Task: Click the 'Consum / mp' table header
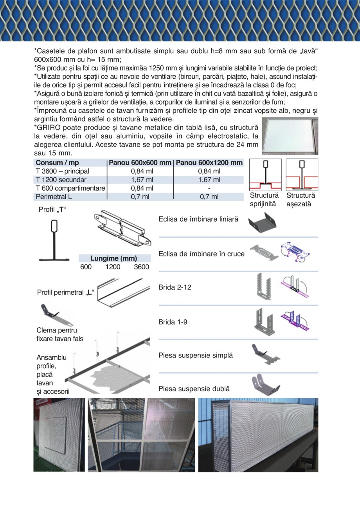58,163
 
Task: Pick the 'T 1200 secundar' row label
61,180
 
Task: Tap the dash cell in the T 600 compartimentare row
209,188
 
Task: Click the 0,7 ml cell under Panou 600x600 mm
140,197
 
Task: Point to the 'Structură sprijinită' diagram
265,175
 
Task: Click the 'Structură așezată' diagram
302,175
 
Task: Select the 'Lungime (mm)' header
113,258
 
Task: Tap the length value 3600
141,267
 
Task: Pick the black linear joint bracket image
264,223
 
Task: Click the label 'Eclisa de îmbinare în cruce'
201,254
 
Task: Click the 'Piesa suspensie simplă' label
195,355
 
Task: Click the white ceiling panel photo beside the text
290,136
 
